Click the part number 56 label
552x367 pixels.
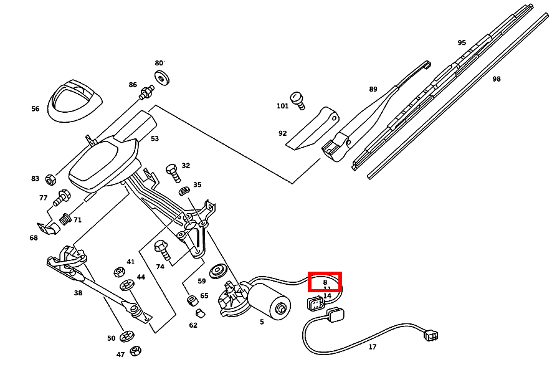click(x=35, y=109)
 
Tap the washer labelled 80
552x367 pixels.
click(x=164, y=78)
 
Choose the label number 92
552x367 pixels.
click(x=282, y=133)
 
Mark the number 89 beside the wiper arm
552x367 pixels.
click(x=373, y=89)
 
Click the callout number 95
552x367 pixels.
click(x=462, y=43)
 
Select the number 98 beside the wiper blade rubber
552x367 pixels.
click(x=496, y=79)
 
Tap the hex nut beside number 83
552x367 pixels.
click(x=51, y=179)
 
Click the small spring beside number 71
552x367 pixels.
click(x=65, y=220)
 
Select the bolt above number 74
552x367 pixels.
click(x=161, y=249)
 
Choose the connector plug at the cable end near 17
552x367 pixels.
click(x=431, y=335)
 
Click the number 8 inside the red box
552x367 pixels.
click(x=325, y=282)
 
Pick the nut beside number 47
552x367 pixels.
click(x=136, y=351)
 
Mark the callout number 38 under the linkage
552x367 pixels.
click(x=78, y=293)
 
